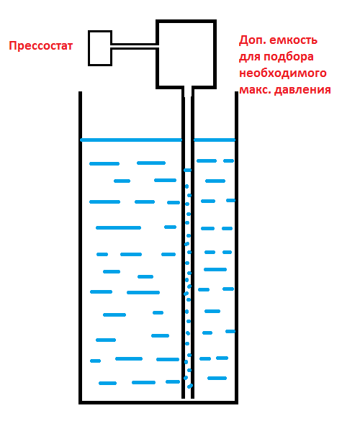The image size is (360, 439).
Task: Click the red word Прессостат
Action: (x=41, y=45)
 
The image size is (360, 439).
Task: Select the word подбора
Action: (x=289, y=57)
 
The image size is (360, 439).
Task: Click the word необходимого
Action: (x=283, y=73)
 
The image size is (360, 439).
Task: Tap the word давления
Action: (x=302, y=90)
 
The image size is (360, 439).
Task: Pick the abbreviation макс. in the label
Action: (x=255, y=90)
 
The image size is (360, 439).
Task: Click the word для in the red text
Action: (x=250, y=57)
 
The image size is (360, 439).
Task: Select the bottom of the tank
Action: (x=158, y=402)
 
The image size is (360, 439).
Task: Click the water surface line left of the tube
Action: (x=131, y=140)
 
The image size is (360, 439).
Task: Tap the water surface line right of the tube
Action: (x=215, y=140)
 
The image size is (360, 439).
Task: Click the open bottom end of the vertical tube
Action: (x=188, y=397)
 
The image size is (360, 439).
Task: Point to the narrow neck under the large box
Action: (x=188, y=92)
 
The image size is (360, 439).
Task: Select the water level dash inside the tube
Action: (x=188, y=171)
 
